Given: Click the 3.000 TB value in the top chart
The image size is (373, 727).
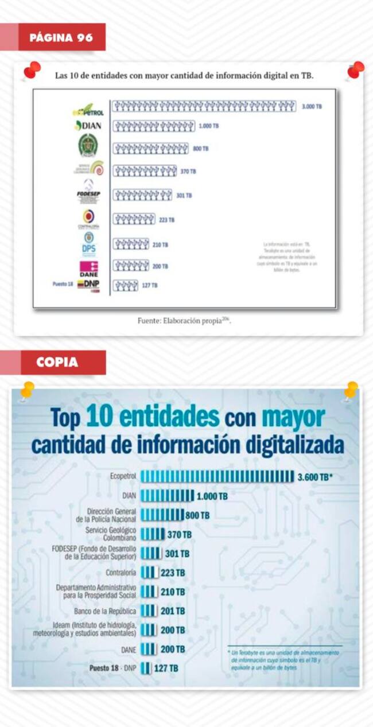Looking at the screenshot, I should pyautogui.click(x=312, y=107).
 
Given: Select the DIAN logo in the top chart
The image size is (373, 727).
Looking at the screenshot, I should pyautogui.click(x=88, y=126).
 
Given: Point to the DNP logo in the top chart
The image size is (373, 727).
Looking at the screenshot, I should pyautogui.click(x=88, y=284).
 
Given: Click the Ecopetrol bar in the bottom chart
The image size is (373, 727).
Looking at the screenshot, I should pyautogui.click(x=217, y=476).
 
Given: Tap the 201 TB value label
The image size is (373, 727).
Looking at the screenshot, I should pyautogui.click(x=173, y=611).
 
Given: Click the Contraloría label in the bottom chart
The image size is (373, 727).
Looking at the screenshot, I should pyautogui.click(x=121, y=573).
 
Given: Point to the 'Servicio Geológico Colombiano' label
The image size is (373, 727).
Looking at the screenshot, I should pyautogui.click(x=111, y=534).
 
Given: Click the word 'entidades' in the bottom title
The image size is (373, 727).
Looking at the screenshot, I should pyautogui.click(x=153, y=417).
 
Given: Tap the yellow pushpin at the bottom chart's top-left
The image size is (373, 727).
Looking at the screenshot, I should pyautogui.click(x=26, y=391).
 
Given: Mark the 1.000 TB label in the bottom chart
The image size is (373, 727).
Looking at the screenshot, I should pyautogui.click(x=212, y=496).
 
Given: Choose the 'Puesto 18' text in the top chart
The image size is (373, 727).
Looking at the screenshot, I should pyautogui.click(x=62, y=284).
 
